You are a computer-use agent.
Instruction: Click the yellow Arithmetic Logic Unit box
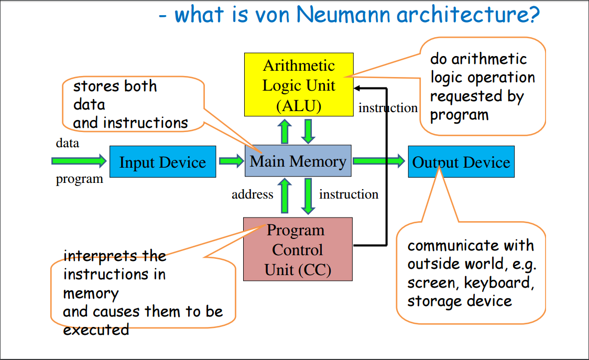[299, 84]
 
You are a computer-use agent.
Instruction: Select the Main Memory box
[298, 161]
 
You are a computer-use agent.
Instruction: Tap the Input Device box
[162, 162]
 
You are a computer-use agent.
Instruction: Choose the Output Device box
[461, 162]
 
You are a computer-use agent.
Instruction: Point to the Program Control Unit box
[298, 250]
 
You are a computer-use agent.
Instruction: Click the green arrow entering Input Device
[79, 160]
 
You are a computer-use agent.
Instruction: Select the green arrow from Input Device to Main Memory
[231, 160]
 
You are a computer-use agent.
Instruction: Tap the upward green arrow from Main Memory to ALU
[285, 131]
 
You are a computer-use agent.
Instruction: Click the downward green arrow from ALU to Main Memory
[309, 131]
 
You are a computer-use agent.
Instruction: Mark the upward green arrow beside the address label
[285, 195]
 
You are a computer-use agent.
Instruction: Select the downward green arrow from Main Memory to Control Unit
[309, 195]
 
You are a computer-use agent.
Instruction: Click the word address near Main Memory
[253, 194]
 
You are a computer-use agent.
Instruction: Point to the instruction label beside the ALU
[388, 108]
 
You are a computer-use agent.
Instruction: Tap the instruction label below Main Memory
[348, 194]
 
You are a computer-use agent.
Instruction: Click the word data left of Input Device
[68, 143]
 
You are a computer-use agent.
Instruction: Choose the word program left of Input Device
[79, 179]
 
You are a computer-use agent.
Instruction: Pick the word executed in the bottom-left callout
[96, 330]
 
